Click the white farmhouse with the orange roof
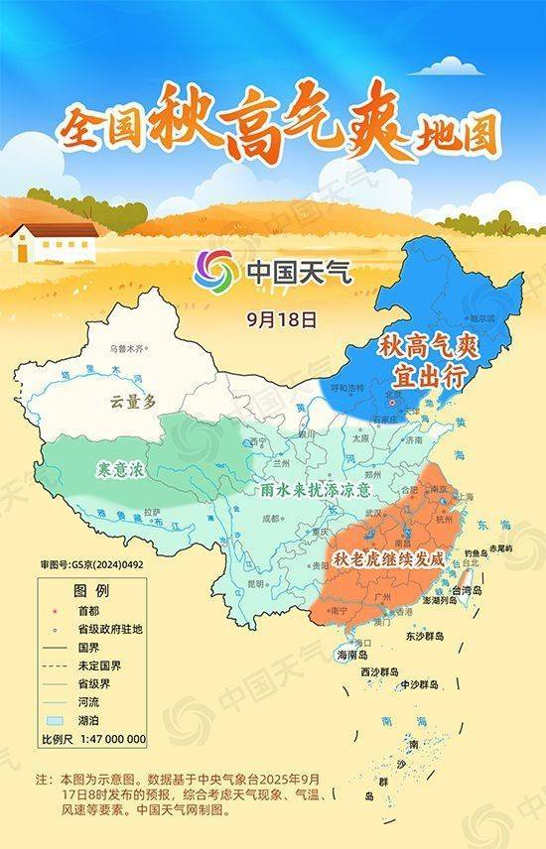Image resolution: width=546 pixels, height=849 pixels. [54, 241]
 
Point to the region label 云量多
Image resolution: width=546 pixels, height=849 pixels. [134, 400]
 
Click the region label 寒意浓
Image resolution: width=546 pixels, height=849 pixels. [119, 468]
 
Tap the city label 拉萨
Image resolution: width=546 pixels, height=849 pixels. [152, 512]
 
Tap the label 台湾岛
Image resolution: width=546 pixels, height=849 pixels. [466, 589]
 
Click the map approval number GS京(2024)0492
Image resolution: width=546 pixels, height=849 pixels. [90, 565]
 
